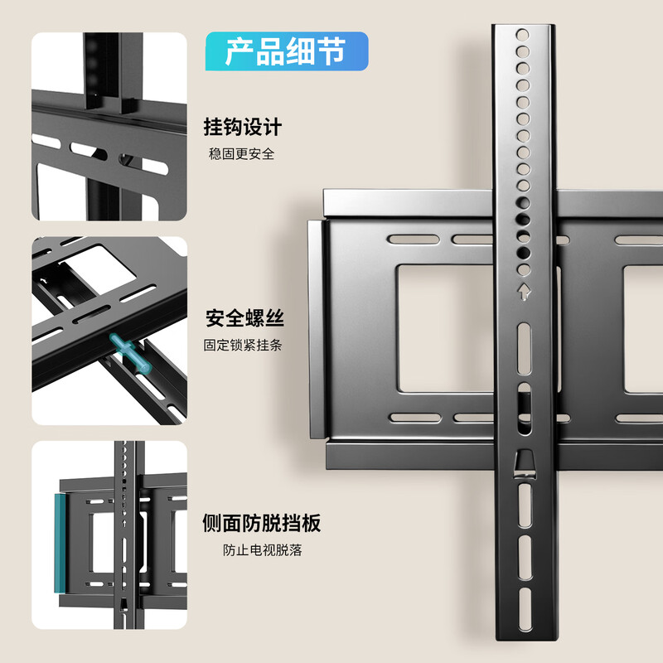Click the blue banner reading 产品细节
click(x=286, y=51)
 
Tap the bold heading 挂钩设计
click(x=243, y=128)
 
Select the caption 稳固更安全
click(x=241, y=153)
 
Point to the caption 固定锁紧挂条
click(x=243, y=345)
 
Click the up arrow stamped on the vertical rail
click(x=523, y=292)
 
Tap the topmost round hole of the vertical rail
click(x=522, y=36)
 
